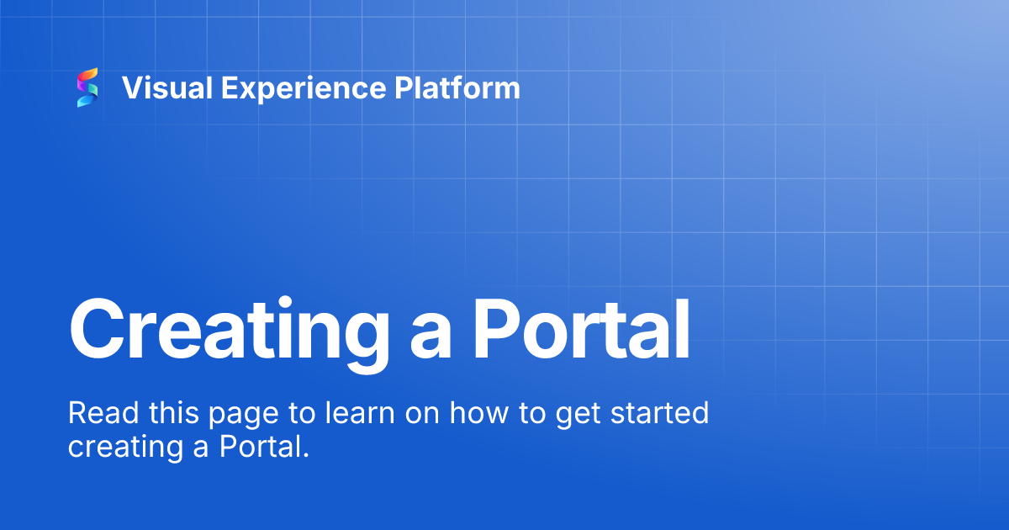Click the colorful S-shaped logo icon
coord(87,87)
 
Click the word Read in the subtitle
coord(96,413)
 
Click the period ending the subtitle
coord(307,455)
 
